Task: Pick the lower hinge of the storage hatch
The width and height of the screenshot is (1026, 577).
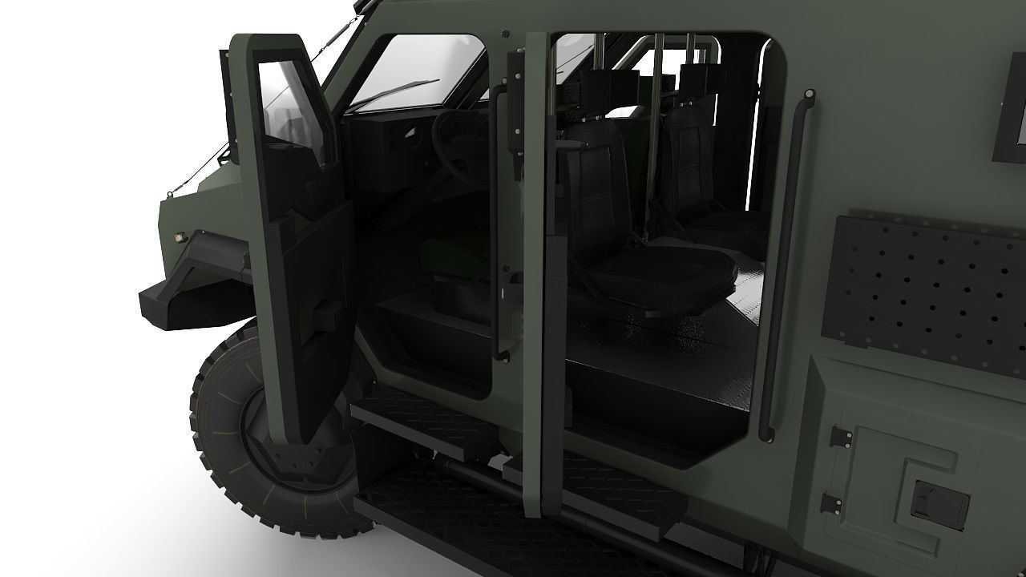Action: click(830, 503)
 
